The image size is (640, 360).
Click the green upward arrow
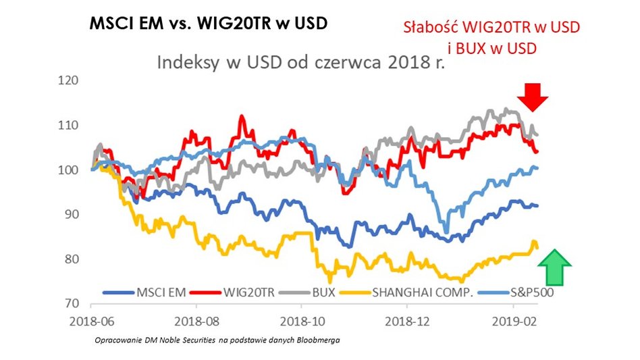554,266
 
